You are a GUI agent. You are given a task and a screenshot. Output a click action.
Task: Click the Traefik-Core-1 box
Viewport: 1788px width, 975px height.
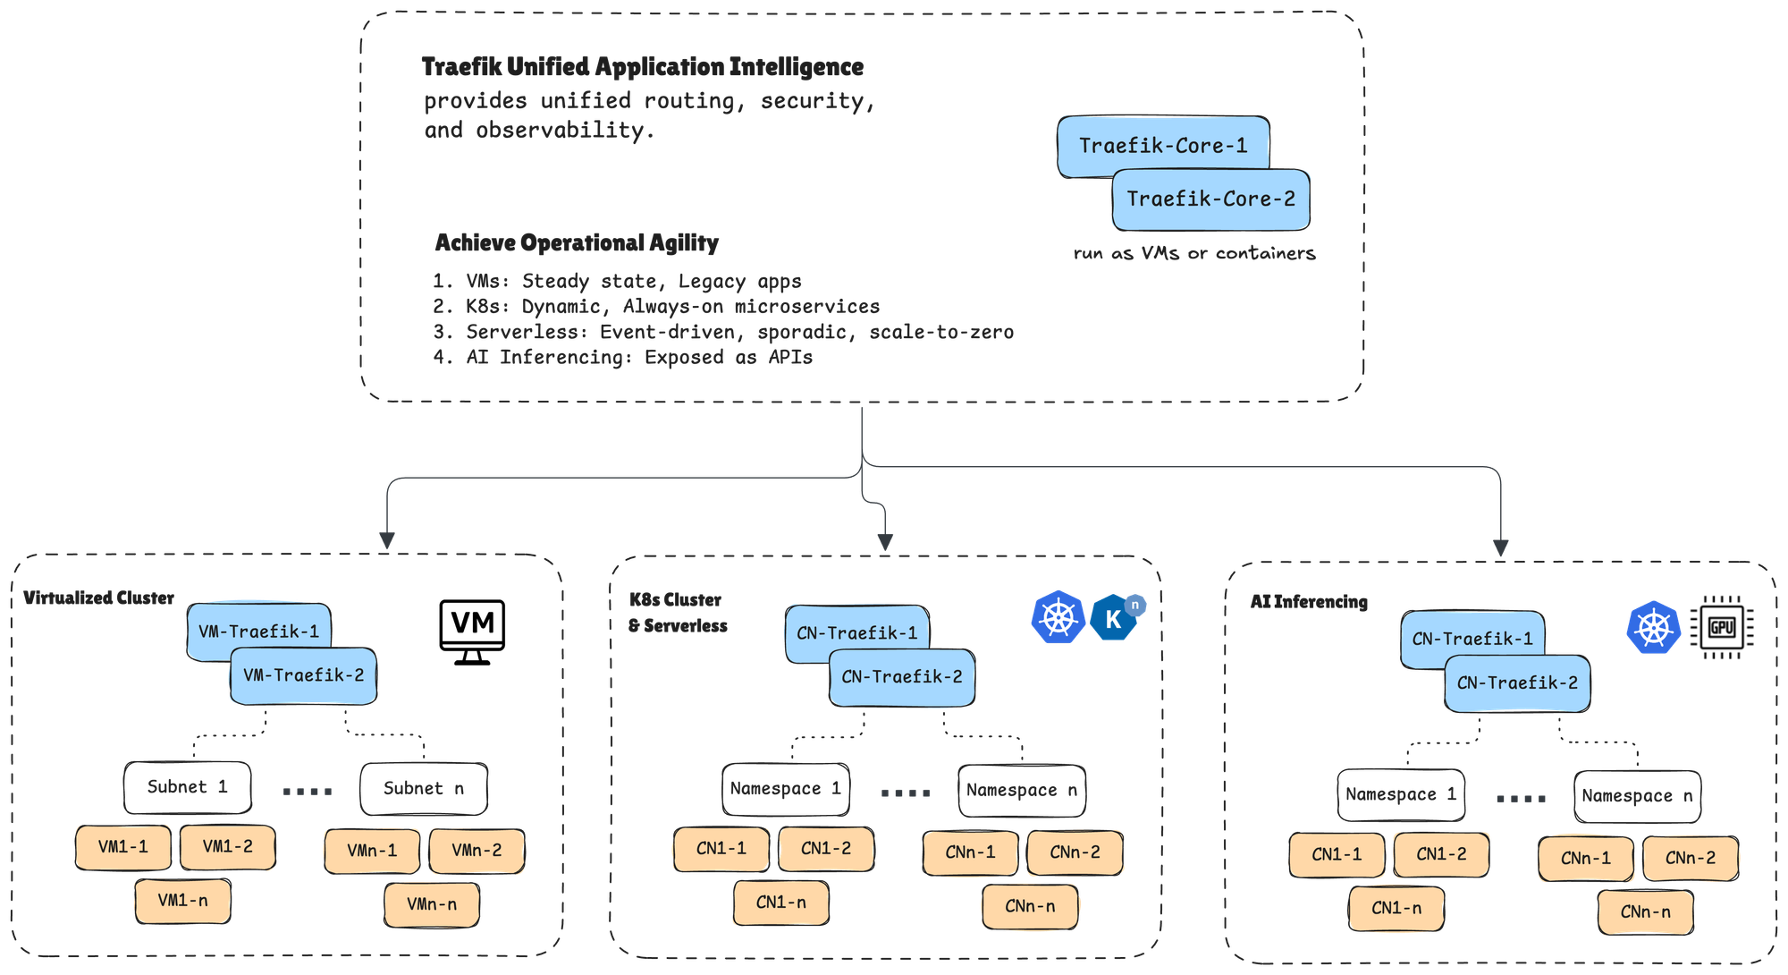tap(1162, 144)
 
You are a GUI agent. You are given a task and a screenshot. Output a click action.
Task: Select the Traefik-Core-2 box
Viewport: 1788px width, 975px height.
tap(1210, 199)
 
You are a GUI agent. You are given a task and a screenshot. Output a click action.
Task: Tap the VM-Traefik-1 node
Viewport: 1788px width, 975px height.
tap(258, 631)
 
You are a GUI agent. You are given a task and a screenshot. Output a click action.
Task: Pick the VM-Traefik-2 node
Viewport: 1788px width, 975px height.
tap(303, 675)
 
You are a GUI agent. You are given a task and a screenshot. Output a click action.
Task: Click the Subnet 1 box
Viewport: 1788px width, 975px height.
tap(187, 787)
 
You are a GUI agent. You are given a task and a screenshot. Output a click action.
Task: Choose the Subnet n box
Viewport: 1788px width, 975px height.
tap(423, 788)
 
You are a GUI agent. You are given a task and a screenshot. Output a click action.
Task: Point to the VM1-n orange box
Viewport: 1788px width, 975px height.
tap(182, 901)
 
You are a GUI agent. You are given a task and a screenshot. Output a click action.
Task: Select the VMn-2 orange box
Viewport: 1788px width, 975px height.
tap(477, 851)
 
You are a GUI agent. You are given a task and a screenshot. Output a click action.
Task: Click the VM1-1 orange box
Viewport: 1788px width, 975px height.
tap(123, 847)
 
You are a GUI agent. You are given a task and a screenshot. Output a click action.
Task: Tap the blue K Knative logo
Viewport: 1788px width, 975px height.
tap(1114, 618)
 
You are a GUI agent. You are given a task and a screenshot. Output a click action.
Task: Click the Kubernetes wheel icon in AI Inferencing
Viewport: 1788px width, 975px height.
tap(1653, 628)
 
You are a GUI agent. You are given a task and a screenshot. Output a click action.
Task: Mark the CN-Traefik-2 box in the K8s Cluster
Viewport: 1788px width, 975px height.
tap(901, 677)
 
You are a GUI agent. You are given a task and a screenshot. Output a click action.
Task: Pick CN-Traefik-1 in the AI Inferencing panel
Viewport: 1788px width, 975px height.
tap(1472, 639)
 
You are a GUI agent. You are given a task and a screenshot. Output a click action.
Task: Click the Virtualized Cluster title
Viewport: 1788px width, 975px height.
tap(98, 598)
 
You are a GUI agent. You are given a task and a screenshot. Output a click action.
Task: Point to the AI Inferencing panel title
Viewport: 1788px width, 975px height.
tap(1309, 602)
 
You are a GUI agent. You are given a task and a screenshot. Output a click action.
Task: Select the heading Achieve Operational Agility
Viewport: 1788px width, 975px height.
tap(577, 242)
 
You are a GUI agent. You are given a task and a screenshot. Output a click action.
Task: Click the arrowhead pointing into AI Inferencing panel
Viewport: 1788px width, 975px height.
tap(1501, 547)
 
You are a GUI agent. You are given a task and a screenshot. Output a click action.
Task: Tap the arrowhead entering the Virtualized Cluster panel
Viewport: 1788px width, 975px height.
tap(387, 540)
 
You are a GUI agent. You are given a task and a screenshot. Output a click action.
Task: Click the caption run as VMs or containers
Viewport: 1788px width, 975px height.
tap(1194, 254)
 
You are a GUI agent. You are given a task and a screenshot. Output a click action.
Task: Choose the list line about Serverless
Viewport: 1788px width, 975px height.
tap(723, 332)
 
